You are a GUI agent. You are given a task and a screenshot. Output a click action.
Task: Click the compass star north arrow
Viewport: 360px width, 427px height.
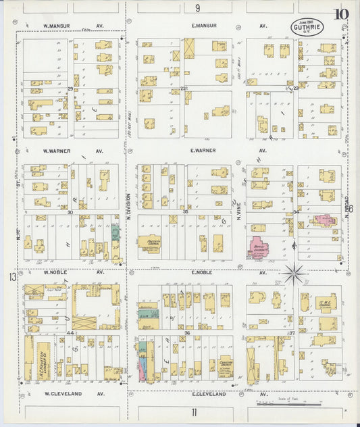pyautogui.click(x=294, y=274)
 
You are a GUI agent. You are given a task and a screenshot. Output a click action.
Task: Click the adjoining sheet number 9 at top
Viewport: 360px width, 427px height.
pyautogui.click(x=198, y=8)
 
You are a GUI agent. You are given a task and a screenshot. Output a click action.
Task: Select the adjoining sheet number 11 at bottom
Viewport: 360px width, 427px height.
pyautogui.click(x=194, y=412)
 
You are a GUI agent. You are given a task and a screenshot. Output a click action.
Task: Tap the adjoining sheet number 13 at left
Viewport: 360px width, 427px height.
pyautogui.click(x=11, y=277)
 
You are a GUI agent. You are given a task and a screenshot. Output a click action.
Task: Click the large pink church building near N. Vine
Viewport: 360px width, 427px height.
pyautogui.click(x=258, y=247)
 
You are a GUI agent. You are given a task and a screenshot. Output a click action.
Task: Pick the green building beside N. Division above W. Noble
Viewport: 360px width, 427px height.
pyautogui.click(x=115, y=233)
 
